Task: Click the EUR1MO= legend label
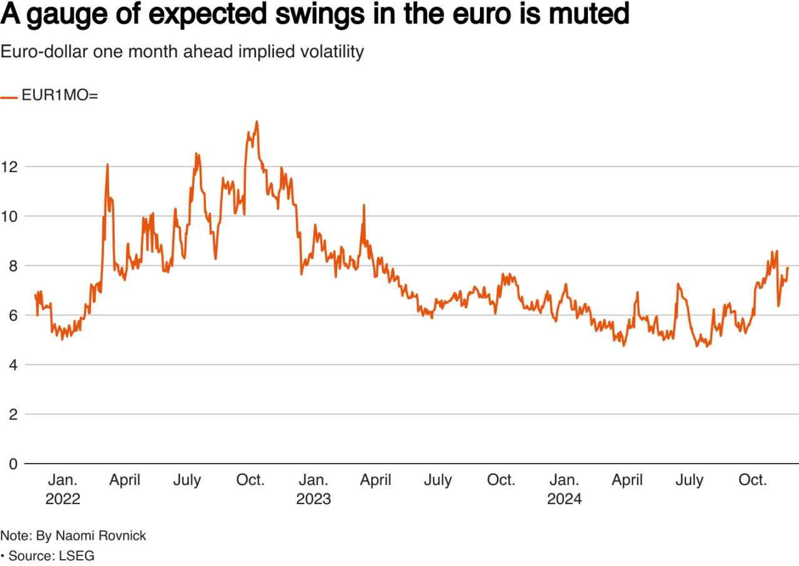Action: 60,96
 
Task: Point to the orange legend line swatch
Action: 9,97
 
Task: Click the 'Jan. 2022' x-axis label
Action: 63,489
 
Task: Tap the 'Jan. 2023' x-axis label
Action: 313,489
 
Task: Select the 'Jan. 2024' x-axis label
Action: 564,489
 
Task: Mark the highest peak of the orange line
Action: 257,122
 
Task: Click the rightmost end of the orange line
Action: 788,267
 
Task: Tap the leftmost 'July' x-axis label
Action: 187,480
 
